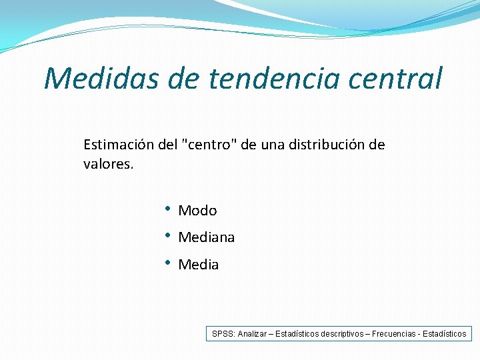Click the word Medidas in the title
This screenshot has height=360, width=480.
(100, 78)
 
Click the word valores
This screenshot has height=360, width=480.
(108, 163)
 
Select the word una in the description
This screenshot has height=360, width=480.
(271, 145)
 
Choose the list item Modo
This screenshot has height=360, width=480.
(197, 211)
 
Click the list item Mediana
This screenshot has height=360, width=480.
(206, 237)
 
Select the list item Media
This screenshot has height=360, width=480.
(198, 265)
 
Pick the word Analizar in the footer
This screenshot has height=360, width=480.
(251, 333)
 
